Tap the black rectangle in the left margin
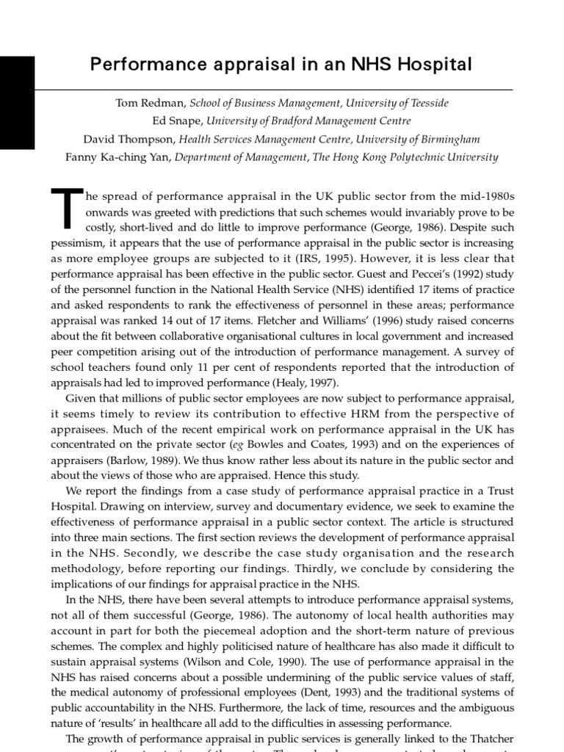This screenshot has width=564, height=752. click(17, 103)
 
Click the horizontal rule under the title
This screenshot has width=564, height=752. click(282, 89)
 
